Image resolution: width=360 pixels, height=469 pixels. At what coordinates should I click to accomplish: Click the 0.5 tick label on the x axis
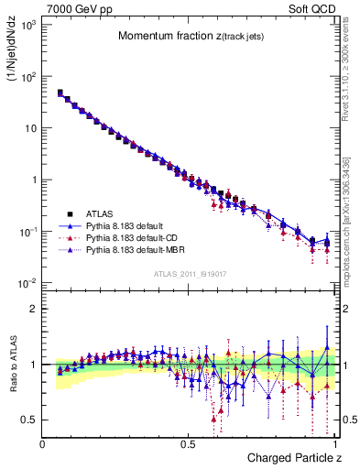click(189, 444)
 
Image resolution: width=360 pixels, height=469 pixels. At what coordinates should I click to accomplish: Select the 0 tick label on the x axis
click(43, 444)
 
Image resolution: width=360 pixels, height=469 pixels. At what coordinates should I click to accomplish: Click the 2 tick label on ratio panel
click(34, 309)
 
